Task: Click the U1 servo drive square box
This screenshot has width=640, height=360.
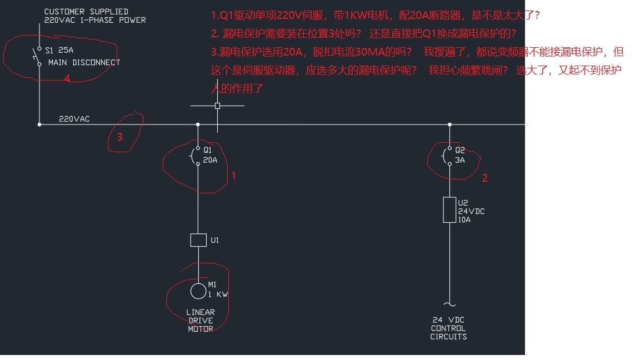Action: pos(198,240)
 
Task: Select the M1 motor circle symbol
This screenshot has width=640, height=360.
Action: pos(198,291)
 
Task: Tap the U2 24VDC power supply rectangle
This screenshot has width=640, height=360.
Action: pos(449,210)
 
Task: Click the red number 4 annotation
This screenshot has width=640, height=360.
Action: pos(67,79)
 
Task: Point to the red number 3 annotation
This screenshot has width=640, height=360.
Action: pos(119,137)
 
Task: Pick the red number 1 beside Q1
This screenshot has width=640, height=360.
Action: pos(234,176)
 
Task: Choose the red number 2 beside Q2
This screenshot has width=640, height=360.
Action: pos(484,178)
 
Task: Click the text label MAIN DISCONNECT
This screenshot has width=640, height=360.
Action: pos(84,63)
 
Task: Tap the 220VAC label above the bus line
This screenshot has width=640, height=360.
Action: pos(74,119)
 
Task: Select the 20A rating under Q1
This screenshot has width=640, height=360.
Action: pos(211,160)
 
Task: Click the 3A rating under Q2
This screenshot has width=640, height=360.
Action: pos(460,160)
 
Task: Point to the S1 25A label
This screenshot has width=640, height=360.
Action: pos(59,50)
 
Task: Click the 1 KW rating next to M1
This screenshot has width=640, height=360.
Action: pos(218,294)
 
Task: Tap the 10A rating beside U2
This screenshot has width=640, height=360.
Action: pos(464,219)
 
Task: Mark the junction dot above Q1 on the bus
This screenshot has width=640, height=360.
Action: pos(198,124)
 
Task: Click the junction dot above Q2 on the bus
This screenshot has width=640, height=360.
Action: pos(449,124)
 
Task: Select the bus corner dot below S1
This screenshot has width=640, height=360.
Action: pos(39,124)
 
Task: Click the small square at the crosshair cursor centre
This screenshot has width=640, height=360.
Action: pos(217,106)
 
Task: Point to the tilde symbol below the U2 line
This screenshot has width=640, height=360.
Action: pos(449,304)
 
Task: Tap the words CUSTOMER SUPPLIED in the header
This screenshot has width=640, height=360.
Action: pos(86,12)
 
